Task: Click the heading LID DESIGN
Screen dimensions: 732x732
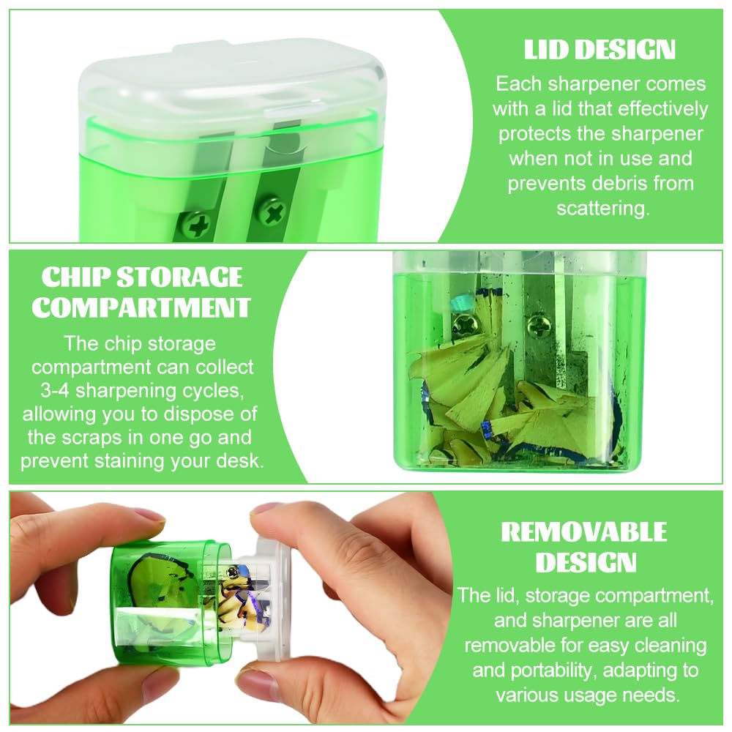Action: [x=600, y=50]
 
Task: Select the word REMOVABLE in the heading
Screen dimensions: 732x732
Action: [x=584, y=531]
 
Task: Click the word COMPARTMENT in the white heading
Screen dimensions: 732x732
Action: [x=141, y=307]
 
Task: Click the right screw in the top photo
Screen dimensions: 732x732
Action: [x=272, y=213]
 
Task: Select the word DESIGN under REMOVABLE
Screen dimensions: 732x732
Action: [x=586, y=562]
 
